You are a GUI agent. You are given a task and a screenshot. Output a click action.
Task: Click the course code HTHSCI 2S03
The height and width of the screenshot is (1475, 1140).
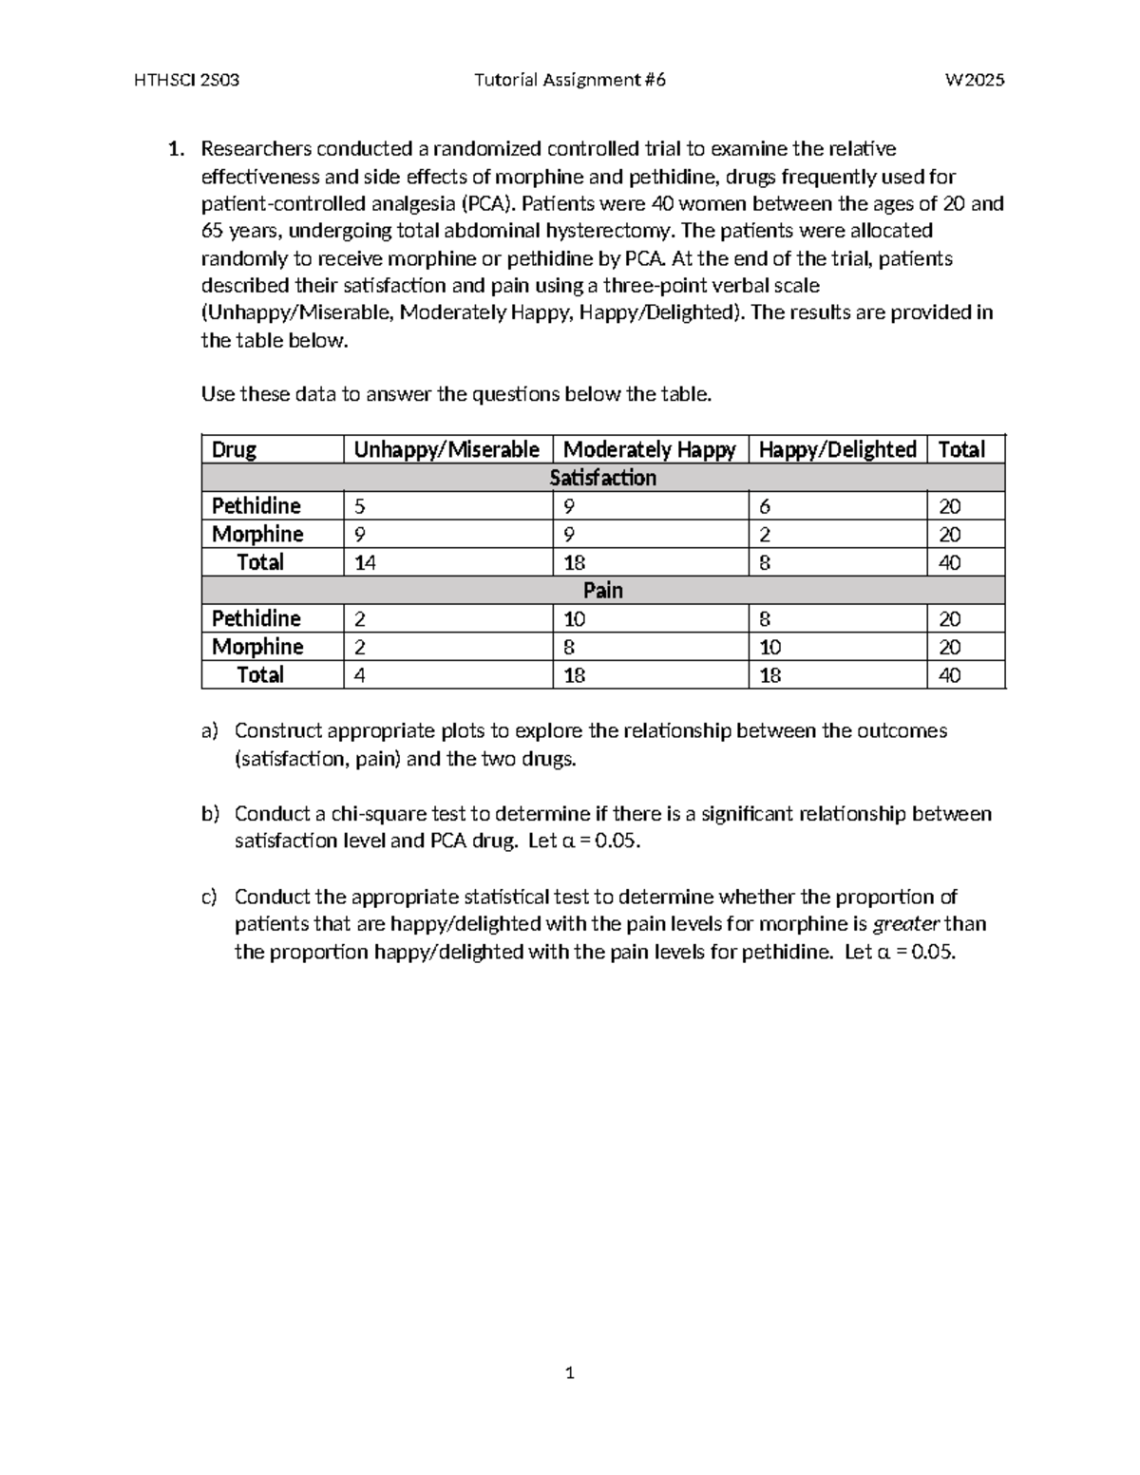[187, 80]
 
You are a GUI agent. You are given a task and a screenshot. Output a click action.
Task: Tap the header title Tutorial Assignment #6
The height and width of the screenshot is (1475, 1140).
[569, 80]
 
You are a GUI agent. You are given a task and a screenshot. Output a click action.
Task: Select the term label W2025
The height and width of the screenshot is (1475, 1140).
[975, 80]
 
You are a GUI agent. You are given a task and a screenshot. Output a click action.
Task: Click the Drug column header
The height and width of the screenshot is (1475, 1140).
[234, 449]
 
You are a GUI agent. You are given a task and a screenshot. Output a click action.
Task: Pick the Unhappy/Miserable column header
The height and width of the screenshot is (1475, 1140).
[446, 449]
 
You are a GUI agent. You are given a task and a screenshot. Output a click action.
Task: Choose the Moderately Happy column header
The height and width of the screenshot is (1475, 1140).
[649, 449]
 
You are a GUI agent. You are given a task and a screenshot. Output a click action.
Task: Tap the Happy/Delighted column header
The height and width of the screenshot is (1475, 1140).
[837, 449]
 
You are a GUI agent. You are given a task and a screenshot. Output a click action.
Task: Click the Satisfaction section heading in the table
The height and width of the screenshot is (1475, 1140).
[602, 478]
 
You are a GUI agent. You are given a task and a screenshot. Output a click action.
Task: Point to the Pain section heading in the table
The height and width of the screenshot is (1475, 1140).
[602, 591]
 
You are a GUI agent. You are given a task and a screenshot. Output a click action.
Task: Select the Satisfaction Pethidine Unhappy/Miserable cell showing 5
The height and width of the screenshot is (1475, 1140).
[359, 506]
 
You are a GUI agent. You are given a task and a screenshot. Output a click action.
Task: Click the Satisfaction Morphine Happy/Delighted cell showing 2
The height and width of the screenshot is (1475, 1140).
[765, 535]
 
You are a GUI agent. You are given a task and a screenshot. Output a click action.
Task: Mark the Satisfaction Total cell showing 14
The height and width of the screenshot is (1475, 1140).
[365, 563]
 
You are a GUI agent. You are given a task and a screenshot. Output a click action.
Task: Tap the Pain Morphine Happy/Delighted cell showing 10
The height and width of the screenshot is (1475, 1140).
[769, 648]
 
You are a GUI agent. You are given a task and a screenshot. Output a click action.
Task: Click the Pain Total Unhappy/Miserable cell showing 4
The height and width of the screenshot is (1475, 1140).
[359, 675]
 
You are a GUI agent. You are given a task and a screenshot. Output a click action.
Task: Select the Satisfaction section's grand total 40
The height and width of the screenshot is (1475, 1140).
[949, 563]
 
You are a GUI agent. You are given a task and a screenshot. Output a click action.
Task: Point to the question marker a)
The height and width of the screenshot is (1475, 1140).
[209, 730]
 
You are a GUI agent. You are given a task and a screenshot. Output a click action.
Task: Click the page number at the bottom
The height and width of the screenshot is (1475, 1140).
[569, 1372]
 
